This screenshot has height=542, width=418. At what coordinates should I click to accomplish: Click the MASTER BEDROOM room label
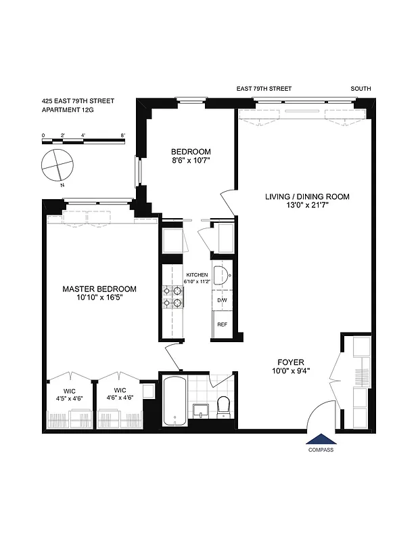[99, 289]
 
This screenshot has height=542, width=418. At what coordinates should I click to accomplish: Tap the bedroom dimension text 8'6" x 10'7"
[191, 161]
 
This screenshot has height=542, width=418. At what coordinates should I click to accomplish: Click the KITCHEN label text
[197, 274]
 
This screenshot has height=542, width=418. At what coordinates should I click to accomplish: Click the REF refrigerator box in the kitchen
[221, 325]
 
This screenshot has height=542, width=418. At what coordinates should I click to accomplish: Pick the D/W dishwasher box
[221, 299]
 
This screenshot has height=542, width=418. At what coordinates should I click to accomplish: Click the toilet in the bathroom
[224, 406]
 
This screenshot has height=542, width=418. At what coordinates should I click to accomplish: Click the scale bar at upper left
[84, 140]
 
